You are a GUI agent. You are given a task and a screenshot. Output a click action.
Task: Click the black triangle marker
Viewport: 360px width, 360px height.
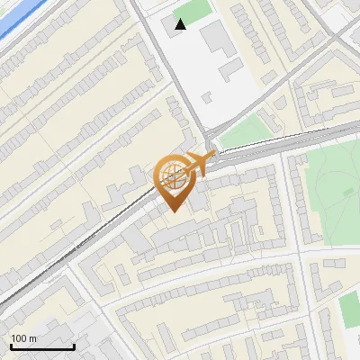[x=181, y=24]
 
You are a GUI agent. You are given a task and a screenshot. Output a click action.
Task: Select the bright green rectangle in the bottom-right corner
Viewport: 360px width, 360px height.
[x=349, y=310]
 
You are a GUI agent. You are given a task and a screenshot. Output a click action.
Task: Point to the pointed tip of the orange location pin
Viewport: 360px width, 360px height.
[x=172, y=211]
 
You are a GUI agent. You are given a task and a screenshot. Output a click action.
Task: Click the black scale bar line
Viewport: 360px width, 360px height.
[x=42, y=347]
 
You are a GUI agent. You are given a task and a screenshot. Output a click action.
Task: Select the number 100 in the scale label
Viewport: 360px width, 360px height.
[x=19, y=338]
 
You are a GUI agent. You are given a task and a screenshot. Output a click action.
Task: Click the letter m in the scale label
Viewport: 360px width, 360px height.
[x=33, y=339]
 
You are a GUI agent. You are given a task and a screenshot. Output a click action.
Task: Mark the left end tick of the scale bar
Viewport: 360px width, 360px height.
[x=11, y=346]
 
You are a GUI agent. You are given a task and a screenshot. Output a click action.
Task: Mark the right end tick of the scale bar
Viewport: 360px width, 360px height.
[x=74, y=346]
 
